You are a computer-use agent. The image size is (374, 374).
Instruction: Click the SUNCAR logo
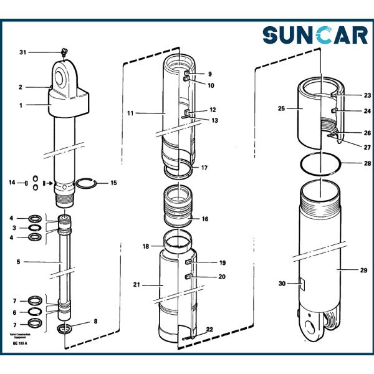314,35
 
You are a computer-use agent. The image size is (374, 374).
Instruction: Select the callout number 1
21,105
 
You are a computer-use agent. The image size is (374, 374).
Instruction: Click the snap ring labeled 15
87,183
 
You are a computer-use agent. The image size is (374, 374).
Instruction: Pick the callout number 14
11,183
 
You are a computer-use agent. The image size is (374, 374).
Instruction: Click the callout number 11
131,113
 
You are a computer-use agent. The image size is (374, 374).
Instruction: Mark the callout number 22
209,329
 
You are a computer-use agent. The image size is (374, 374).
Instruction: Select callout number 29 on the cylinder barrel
363,270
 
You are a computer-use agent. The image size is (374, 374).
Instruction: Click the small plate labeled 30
302,284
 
